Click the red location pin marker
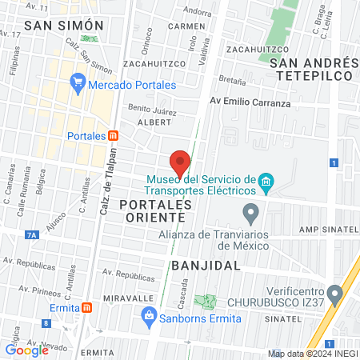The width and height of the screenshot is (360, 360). click(180, 162)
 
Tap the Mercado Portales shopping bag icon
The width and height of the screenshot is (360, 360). click(78, 81)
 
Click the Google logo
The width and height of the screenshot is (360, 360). click(26, 350)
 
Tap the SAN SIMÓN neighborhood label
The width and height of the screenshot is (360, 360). click(57, 26)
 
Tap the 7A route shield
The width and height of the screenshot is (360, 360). click(31, 234)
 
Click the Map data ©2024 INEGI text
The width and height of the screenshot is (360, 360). click(312, 354)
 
